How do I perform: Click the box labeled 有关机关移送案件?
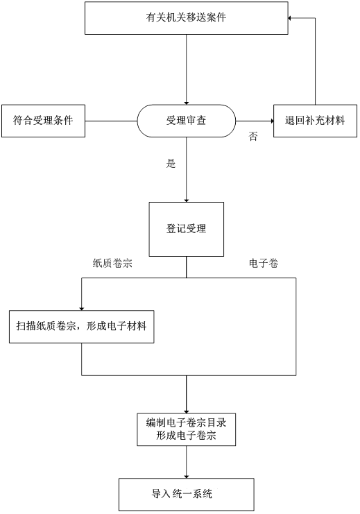186,18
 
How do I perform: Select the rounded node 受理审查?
186,121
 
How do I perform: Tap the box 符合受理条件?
43,121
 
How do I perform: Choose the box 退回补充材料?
315,121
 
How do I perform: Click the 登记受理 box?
186,229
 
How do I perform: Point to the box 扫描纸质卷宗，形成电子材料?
82,327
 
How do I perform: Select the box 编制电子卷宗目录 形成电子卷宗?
186,429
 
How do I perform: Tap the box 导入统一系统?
186,494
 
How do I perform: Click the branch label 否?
252,137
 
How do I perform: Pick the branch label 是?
171,163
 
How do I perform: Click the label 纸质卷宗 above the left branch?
112,263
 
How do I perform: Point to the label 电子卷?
264,263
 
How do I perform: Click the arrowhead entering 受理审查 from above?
186,103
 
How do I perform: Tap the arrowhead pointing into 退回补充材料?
271,121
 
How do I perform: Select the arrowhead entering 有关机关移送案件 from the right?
290,18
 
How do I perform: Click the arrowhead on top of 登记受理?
186,200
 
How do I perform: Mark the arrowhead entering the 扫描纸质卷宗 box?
82,309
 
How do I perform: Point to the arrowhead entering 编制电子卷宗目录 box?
186,411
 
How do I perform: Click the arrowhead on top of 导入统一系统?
186,476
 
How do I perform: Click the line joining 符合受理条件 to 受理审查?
111,121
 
